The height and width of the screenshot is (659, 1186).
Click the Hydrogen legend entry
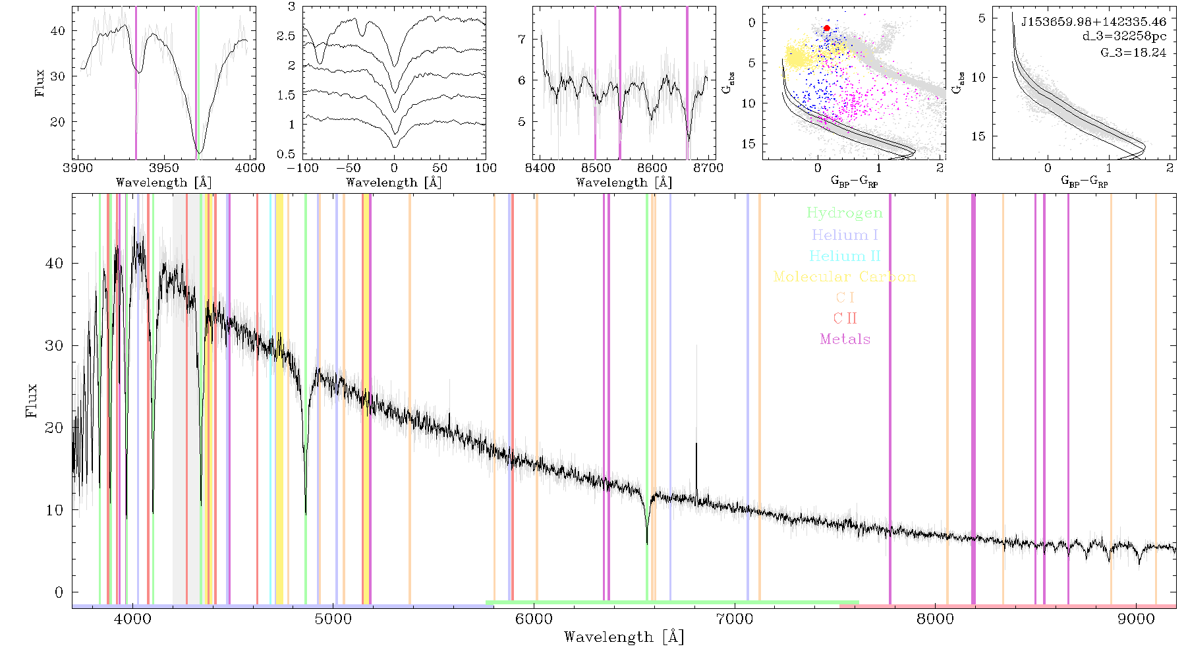pos(845,214)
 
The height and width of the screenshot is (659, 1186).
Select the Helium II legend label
pos(845,256)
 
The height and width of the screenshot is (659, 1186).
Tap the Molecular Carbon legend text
pos(845,277)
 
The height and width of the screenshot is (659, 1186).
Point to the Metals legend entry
pos(845,339)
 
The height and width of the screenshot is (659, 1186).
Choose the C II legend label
pos(845,318)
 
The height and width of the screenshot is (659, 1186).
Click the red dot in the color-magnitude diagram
pos(827,28)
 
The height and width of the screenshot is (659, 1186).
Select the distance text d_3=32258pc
pos(1125,37)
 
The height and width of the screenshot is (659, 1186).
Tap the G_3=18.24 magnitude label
pos(1133,53)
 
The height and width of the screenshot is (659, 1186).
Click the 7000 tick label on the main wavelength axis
pos(734,619)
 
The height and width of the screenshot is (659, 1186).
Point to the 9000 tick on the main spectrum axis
pos(1136,619)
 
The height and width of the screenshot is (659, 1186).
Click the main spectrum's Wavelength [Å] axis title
pos(624,637)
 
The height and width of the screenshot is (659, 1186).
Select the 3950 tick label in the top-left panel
pos(164,168)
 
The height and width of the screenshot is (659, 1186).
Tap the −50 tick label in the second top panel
pos(347,168)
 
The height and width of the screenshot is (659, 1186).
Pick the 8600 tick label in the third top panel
pos(652,168)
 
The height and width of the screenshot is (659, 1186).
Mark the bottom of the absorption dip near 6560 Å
pos(647,543)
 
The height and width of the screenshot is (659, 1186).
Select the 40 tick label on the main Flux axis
pos(55,264)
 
